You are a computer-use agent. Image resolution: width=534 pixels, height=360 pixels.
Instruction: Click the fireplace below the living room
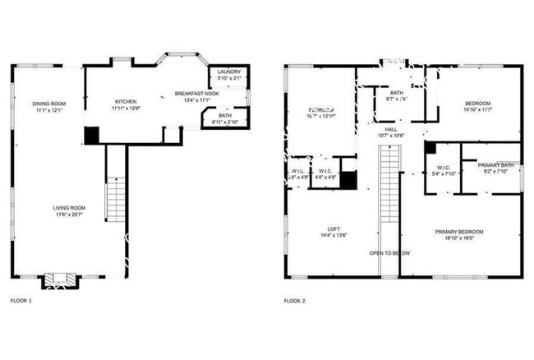(x=59, y=280)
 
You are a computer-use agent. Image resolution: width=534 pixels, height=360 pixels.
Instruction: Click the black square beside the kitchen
(x=92, y=135)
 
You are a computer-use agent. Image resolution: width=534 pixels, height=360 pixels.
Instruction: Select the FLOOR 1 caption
(x=21, y=302)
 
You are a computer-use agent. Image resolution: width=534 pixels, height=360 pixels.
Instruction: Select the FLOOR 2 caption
(x=294, y=302)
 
